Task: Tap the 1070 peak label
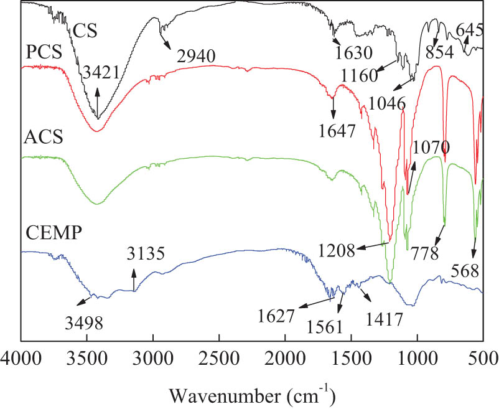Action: tap(430, 147)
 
